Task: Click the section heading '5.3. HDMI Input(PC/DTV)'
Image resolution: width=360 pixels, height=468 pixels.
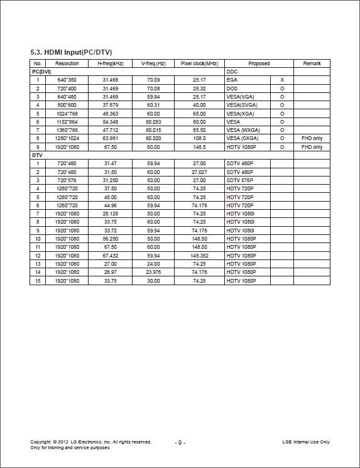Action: coord(71,52)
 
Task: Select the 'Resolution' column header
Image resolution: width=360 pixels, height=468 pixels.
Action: coord(67,63)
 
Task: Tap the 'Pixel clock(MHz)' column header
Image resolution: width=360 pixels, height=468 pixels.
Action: coord(199,63)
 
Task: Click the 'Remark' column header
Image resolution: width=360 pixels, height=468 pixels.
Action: coord(312,63)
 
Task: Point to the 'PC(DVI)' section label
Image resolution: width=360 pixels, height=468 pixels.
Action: coord(41,72)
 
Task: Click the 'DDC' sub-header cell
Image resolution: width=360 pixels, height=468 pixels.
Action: coord(232,72)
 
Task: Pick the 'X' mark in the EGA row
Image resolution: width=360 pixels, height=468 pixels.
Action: coord(282,80)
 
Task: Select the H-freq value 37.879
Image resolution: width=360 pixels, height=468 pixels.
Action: coord(111,105)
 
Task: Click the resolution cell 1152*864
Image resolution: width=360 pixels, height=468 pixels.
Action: coord(67,121)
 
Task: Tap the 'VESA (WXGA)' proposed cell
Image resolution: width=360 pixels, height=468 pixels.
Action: coord(243,130)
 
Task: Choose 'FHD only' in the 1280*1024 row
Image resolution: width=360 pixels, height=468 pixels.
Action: coord(312,138)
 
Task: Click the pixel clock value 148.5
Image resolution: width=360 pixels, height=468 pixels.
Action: coord(199,147)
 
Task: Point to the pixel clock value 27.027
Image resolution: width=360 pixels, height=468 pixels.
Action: coord(199,171)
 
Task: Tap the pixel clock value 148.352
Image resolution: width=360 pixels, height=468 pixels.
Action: coord(199,256)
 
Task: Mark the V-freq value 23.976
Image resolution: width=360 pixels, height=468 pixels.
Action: coord(153,272)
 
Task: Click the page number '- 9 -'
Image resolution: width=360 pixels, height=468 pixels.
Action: coord(180,443)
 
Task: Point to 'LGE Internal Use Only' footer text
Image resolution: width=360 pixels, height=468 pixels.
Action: coord(306,442)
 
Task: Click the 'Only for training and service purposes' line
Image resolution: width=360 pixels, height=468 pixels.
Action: coord(70,448)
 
